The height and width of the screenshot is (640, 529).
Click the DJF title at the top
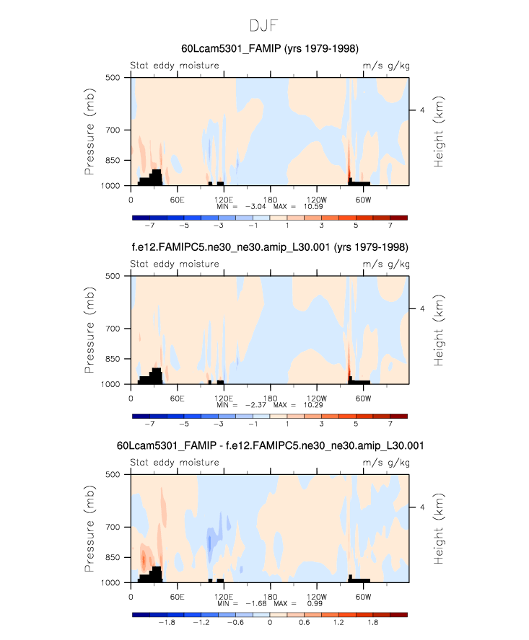[x=264, y=25]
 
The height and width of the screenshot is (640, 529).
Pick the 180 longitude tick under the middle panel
[x=269, y=397]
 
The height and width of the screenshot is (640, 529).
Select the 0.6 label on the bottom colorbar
[x=304, y=621]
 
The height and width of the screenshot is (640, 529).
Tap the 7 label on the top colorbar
[x=390, y=223]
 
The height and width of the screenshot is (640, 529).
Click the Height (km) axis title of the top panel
[x=438, y=131]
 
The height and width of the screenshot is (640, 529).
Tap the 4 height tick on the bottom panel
[x=422, y=507]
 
